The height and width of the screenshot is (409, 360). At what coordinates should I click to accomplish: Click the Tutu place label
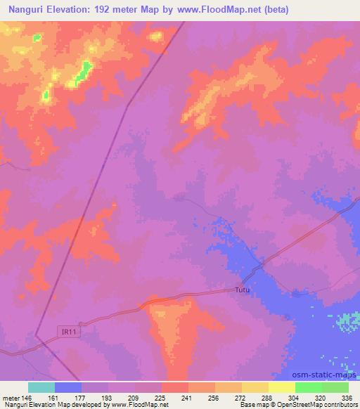(x=242, y=290)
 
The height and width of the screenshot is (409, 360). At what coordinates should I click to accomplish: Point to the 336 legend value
(x=347, y=398)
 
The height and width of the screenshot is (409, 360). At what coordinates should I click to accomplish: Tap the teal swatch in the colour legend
(x=41, y=387)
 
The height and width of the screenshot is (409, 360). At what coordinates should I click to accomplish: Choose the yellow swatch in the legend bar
(x=282, y=387)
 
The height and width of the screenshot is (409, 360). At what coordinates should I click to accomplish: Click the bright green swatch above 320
(x=309, y=387)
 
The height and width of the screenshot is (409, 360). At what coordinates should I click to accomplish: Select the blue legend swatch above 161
(x=67, y=387)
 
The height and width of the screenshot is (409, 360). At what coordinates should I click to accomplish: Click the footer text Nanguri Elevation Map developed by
(x=60, y=405)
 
